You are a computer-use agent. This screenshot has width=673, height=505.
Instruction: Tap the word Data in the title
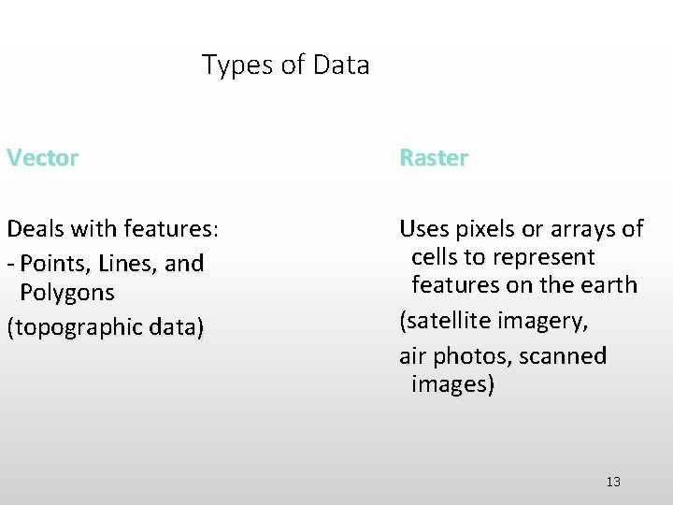coord(341,65)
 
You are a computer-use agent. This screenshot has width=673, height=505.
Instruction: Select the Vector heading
coord(42,158)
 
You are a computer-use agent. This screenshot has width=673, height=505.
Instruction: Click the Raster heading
coord(434,158)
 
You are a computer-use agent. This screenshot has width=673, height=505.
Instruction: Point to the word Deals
coord(37,228)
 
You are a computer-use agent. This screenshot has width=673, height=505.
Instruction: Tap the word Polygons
coord(67,293)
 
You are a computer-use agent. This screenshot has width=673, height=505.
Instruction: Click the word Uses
coord(424,228)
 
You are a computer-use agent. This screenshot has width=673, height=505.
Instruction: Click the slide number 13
coord(613,482)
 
